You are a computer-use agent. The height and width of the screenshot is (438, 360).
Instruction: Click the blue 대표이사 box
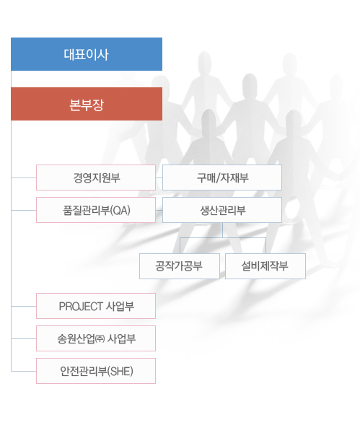pyautogui.click(x=87, y=54)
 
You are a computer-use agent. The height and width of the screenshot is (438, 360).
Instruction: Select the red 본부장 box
pyautogui.click(x=87, y=104)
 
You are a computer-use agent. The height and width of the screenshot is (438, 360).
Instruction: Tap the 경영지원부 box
pyautogui.click(x=96, y=178)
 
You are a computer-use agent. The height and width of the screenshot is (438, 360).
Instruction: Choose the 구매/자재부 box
pyautogui.click(x=222, y=178)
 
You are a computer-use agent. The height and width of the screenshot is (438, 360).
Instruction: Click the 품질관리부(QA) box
pyautogui.click(x=96, y=210)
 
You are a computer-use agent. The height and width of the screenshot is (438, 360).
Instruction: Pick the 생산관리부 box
pyautogui.click(x=222, y=210)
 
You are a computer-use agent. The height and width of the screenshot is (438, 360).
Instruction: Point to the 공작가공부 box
pyautogui.click(x=180, y=266)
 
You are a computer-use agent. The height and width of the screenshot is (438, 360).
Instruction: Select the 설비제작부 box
pyautogui.click(x=265, y=266)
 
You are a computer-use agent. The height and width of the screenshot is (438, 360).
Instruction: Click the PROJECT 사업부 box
pyautogui.click(x=96, y=306)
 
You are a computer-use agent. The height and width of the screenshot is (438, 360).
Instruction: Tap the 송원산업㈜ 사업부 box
pyautogui.click(x=96, y=338)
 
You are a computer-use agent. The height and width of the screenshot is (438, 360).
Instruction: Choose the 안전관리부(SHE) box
pyautogui.click(x=96, y=371)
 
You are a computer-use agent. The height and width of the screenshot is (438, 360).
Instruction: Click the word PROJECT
pyautogui.click(x=81, y=307)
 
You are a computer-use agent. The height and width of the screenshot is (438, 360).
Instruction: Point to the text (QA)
pyautogui.click(x=120, y=210)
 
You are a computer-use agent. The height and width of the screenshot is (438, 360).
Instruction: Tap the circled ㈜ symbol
pyautogui.click(x=100, y=339)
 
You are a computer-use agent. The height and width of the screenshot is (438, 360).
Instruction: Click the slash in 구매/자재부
pyautogui.click(x=218, y=178)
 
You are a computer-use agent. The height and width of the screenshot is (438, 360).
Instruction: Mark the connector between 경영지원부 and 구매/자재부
pyautogui.click(x=159, y=178)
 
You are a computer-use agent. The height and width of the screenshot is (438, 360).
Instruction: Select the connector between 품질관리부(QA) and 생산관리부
pyautogui.click(x=159, y=210)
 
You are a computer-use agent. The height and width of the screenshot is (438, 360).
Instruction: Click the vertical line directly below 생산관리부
pyautogui.click(x=222, y=230)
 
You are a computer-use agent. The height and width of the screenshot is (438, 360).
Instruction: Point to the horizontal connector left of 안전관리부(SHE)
pyautogui.click(x=24, y=371)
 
